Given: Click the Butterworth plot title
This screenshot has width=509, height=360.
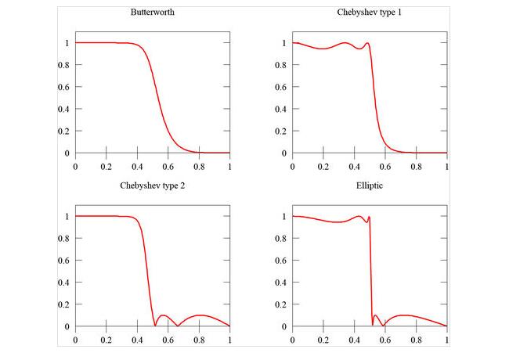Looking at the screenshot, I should (152, 13).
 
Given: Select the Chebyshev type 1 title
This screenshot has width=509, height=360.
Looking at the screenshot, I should (369, 13).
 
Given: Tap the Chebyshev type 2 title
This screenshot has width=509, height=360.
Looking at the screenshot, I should (152, 186).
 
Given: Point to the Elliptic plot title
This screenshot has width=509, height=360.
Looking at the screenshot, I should (369, 186).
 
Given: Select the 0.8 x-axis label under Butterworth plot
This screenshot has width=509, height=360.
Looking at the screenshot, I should (199, 167).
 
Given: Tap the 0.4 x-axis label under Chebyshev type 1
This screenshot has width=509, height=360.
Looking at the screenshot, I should (354, 167).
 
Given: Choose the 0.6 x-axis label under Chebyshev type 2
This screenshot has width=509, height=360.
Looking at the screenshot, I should (168, 340).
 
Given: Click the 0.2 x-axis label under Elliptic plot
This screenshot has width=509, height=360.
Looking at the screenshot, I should (323, 340).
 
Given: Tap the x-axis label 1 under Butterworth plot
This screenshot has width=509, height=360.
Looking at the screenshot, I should (230, 167).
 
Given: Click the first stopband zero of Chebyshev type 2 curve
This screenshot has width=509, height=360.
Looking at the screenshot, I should (155, 326).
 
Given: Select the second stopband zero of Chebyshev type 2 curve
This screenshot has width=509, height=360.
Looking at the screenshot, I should (178, 326).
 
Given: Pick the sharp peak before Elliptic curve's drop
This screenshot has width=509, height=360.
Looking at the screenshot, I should (369, 217).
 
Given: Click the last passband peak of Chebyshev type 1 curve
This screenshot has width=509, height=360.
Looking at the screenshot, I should (366, 43).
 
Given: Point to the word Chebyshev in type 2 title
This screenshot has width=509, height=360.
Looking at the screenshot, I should (138, 186).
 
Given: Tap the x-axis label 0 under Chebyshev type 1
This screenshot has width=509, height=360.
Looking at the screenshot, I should (292, 167).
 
